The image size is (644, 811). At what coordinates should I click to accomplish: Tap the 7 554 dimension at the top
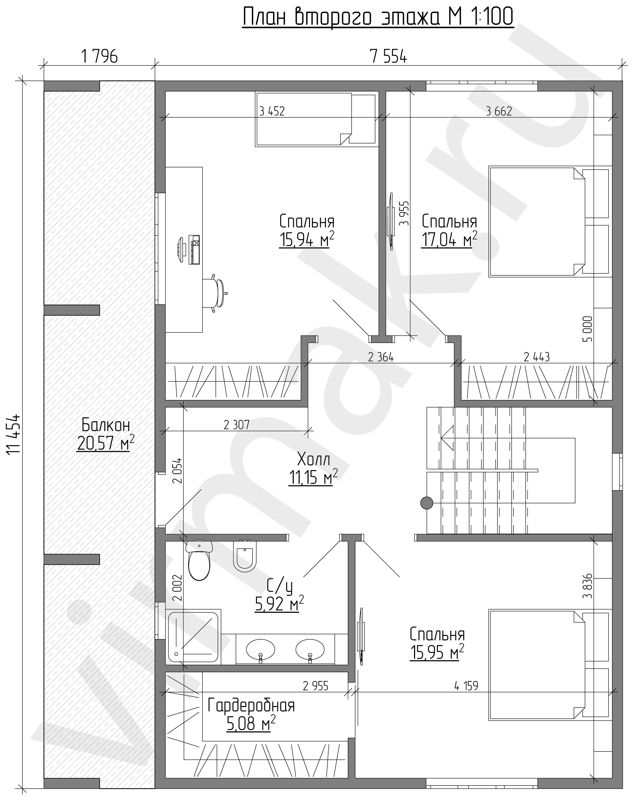[388, 57]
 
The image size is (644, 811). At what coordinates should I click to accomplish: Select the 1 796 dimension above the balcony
[99, 57]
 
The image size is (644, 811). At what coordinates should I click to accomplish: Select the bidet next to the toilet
[245, 555]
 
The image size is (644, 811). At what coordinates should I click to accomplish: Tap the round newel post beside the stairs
[426, 502]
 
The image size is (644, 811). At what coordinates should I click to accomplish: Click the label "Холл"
[314, 459]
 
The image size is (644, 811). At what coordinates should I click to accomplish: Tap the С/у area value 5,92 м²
[279, 604]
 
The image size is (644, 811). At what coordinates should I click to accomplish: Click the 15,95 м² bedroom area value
[437, 652]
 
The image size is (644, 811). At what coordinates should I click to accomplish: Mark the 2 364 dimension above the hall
[381, 357]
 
